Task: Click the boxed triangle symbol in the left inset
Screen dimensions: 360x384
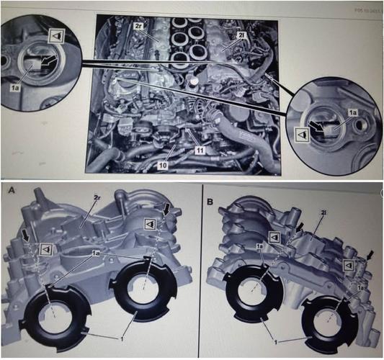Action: coord(55,34)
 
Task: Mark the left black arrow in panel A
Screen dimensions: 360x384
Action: coord(27,234)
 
